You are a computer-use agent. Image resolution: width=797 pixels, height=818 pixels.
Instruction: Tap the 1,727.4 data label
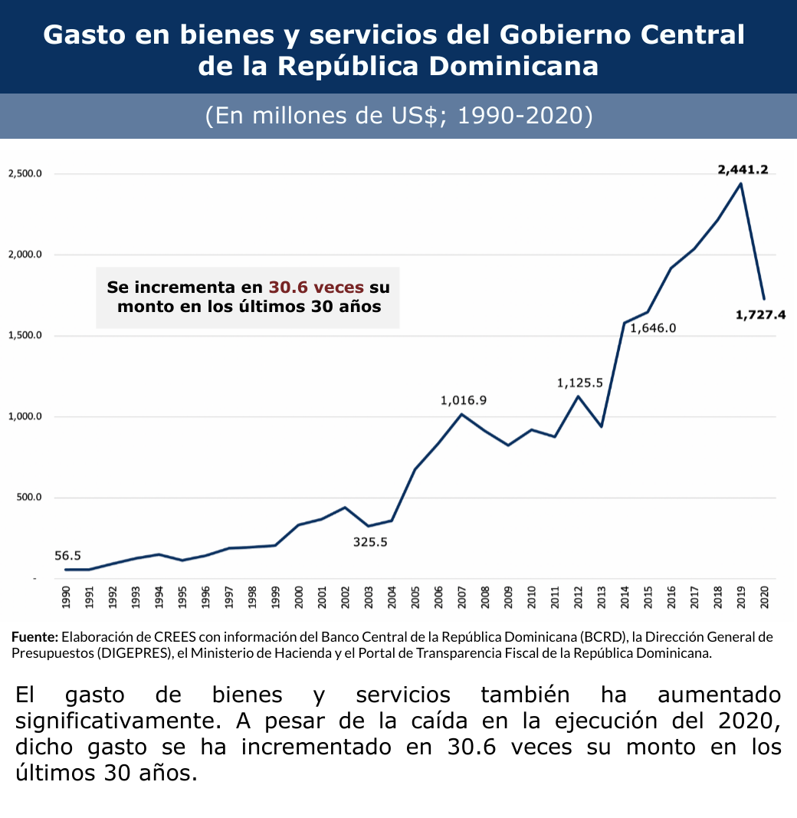tap(760, 314)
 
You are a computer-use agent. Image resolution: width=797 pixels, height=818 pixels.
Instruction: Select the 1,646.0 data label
tap(653, 329)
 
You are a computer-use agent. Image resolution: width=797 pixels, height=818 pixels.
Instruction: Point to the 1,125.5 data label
tap(579, 383)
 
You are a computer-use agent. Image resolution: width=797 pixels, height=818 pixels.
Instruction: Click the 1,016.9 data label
tap(463, 400)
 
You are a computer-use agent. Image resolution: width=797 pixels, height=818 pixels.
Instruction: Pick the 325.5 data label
tap(370, 542)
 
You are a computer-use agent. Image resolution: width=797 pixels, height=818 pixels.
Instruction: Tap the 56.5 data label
tap(67, 556)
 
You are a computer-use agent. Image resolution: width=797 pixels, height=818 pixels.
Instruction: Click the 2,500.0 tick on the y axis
tap(25, 174)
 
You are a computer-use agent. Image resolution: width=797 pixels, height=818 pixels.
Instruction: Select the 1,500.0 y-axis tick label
tap(25, 336)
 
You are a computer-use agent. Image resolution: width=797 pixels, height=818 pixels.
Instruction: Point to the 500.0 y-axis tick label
tap(28, 498)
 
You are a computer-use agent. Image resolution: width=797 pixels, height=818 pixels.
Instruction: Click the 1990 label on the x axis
tap(65, 596)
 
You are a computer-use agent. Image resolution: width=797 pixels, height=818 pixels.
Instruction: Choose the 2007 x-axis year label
tap(462, 596)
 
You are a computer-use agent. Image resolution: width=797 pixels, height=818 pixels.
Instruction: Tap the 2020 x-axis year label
tap(764, 596)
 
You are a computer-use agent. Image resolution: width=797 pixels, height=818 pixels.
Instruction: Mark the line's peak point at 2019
tap(740, 183)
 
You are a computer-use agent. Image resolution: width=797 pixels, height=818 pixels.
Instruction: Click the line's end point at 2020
tap(764, 298)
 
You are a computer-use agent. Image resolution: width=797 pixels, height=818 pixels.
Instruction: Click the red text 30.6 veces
tap(316, 287)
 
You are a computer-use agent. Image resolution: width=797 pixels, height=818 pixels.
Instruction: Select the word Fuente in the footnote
tap(34, 637)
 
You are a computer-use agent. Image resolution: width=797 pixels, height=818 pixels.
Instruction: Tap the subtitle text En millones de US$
tap(314, 116)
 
